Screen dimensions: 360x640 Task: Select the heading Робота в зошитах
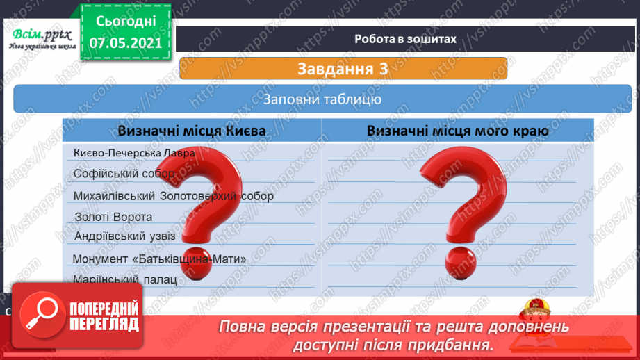tap(405, 39)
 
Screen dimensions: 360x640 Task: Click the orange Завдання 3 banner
tap(343, 69)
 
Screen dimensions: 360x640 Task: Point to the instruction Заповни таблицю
tap(322, 99)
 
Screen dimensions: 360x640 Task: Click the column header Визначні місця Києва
tap(190, 131)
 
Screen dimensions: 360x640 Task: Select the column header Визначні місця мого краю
tap(458, 131)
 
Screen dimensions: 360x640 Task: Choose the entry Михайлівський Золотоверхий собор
tap(174, 196)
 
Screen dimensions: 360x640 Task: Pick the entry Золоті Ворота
tap(113, 217)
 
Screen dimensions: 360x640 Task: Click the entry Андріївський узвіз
tap(124, 236)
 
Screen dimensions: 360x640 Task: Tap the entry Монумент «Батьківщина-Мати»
tap(161, 259)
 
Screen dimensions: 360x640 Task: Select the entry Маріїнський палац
tap(124, 279)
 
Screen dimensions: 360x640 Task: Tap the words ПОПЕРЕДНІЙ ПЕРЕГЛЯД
tap(104, 316)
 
